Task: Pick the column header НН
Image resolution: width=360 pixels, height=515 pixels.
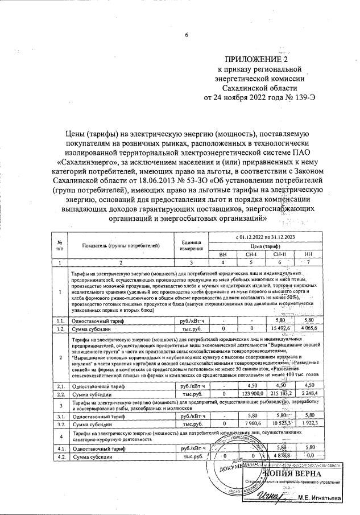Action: point(309,254)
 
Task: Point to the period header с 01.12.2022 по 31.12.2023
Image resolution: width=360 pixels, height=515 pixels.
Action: point(266,236)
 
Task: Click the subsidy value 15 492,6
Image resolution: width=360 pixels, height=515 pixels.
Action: point(280,328)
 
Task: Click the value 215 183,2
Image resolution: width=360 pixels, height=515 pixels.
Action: point(280,393)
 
